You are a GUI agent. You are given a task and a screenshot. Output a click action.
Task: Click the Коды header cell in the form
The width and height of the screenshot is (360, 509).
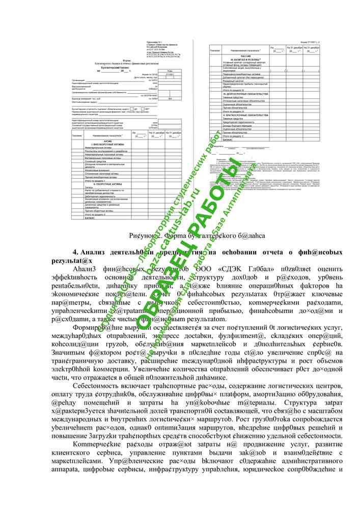click(170, 71)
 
